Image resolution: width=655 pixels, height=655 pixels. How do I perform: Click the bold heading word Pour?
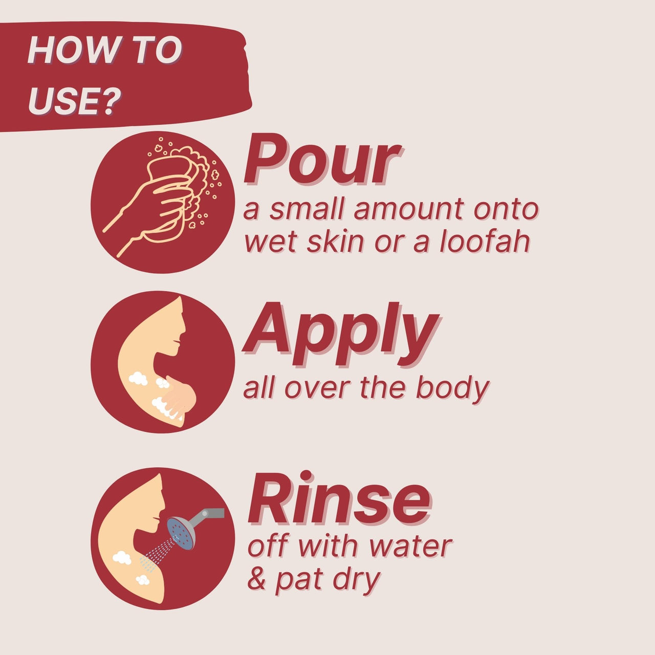tap(322, 160)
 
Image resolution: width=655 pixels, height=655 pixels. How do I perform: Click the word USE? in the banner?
tap(74, 101)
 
